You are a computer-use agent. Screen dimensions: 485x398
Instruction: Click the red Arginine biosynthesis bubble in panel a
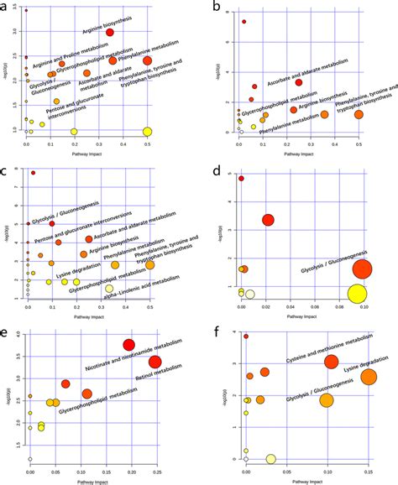point(110,33)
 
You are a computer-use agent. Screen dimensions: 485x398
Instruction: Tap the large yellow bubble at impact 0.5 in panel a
point(148,132)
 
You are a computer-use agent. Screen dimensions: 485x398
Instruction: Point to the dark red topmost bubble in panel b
point(244,22)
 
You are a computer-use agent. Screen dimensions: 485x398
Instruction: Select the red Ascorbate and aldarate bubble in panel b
point(299,82)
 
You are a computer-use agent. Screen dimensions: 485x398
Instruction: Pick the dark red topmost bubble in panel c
point(34,173)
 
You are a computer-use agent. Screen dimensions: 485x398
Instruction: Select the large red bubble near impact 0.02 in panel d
point(269,221)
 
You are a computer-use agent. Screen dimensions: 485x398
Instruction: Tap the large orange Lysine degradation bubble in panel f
point(369,377)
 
